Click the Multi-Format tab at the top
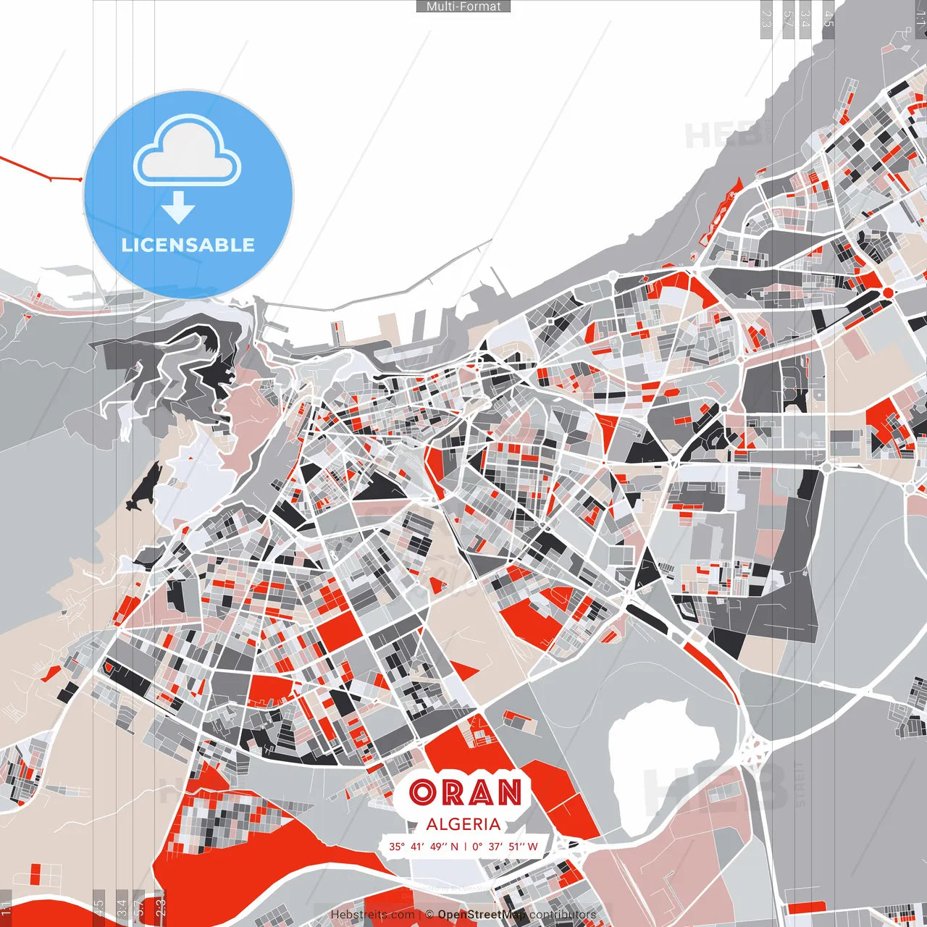463,7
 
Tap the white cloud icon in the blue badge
188,154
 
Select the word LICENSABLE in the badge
188,245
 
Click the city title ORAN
465,793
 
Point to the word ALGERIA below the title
463,824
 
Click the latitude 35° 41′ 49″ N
424,846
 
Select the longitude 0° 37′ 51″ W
506,846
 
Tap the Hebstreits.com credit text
372,915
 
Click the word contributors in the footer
563,915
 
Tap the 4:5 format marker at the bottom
98,907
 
